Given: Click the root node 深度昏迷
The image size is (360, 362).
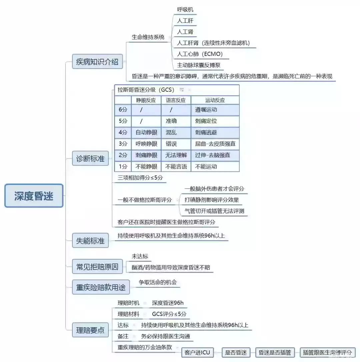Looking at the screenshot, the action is (34, 196).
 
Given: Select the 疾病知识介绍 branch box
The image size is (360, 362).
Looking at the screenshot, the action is (97, 62).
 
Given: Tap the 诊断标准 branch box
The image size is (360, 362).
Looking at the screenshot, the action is (90, 158).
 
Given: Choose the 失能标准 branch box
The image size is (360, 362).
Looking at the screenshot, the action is (90, 241).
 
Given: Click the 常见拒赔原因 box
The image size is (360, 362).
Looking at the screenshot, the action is (97, 267).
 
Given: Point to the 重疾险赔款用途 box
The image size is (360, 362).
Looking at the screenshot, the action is (101, 287).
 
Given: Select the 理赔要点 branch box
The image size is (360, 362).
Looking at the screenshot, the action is (90, 330).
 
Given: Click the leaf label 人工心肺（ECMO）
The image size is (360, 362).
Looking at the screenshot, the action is (200, 54).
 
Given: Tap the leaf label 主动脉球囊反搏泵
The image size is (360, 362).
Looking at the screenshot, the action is (199, 65).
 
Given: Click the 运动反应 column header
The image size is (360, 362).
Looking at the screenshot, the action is (215, 100).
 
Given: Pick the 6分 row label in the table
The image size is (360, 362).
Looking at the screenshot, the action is (123, 110).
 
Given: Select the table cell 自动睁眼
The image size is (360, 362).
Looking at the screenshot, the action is (146, 132).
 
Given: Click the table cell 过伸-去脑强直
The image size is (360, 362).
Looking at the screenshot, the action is (212, 155).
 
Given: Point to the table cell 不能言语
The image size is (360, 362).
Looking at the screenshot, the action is (176, 166).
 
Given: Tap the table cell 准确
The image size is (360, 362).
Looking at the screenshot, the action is (171, 121).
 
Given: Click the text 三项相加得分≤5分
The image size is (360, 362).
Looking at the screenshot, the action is (140, 177).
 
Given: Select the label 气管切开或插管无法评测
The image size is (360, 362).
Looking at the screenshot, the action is (214, 211).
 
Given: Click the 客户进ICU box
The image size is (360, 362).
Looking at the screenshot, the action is (197, 353).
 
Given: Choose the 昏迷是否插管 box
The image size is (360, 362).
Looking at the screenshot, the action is (275, 353).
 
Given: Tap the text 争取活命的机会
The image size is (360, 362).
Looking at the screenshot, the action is (158, 282).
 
